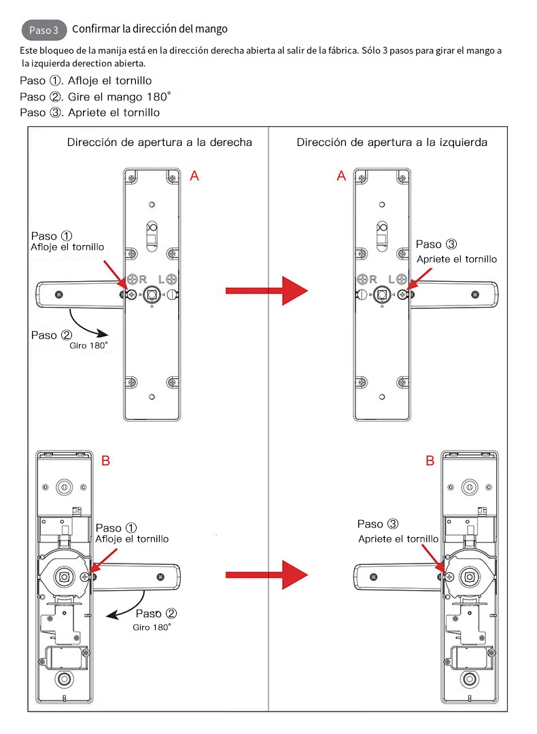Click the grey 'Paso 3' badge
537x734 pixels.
coord(45,31)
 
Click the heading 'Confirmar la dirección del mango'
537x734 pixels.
coord(150,29)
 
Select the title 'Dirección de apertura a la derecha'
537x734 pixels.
coord(160,143)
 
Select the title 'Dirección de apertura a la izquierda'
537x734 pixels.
coord(392,143)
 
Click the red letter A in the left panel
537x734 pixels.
coord(194,176)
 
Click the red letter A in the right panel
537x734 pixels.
coord(341,176)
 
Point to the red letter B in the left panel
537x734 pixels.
coord(105,461)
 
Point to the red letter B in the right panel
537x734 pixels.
coord(430,461)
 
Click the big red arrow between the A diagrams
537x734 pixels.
coord(266,291)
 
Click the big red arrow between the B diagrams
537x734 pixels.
coord(266,575)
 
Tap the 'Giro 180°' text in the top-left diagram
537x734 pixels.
coord(88,346)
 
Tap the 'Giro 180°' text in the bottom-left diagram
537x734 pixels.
coord(152,627)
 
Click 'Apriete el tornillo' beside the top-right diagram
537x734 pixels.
coord(457,259)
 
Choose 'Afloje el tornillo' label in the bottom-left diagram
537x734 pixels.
coord(132,539)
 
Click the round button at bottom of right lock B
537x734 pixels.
coord(470,680)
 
